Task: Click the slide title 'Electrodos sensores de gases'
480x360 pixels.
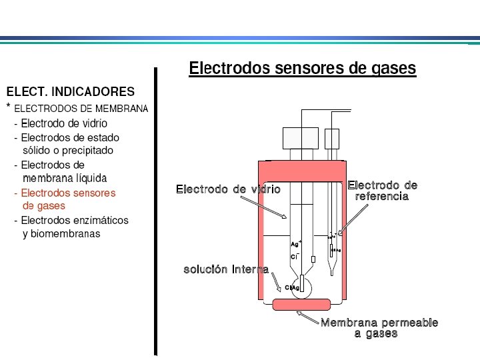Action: [x=302, y=69]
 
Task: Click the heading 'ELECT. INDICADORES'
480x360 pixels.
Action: [x=70, y=91]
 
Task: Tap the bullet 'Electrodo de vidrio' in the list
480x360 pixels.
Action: [x=63, y=123]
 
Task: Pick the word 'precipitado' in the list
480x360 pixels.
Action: [x=87, y=151]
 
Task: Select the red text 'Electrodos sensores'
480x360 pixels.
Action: [x=67, y=193]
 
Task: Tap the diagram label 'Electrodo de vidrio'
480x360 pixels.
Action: [x=228, y=189]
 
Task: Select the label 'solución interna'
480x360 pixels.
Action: [x=226, y=269]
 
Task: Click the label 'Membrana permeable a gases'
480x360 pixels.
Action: [x=379, y=327]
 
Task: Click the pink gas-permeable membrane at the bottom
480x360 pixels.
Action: [x=302, y=305]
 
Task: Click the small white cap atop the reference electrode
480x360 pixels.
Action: [x=331, y=139]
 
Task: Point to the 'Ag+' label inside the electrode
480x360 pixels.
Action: [x=296, y=244]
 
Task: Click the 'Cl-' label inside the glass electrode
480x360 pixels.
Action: [x=294, y=257]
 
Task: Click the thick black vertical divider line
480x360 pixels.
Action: [x=156, y=211]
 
